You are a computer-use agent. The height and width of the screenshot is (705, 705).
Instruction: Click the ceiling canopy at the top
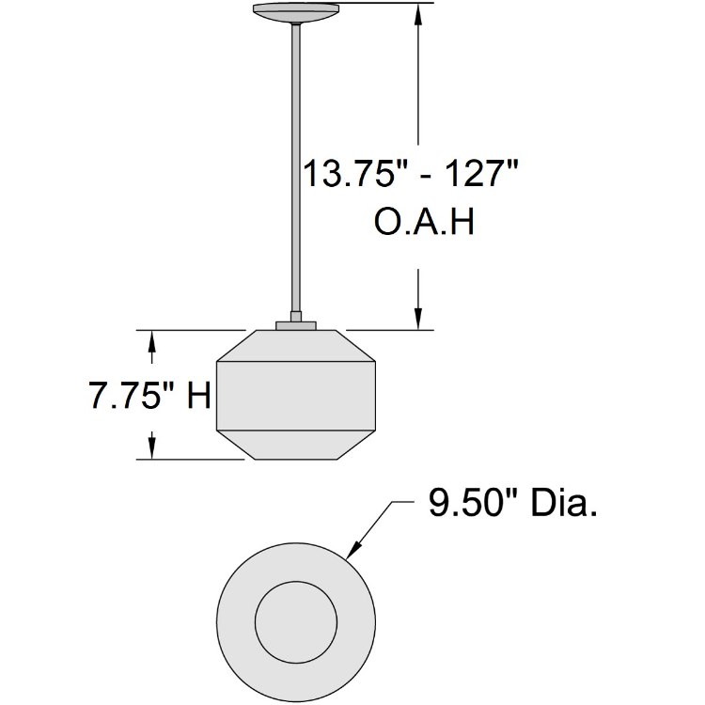pos(296,11)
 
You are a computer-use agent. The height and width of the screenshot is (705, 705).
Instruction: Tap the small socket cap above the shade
pos(296,324)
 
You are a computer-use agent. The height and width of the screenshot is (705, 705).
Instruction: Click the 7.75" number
pos(132,396)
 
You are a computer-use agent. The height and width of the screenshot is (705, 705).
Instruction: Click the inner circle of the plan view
pos(296,621)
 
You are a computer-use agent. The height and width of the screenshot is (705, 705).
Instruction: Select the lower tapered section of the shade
pos(296,445)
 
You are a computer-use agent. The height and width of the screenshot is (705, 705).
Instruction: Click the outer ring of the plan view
pos(236,621)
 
